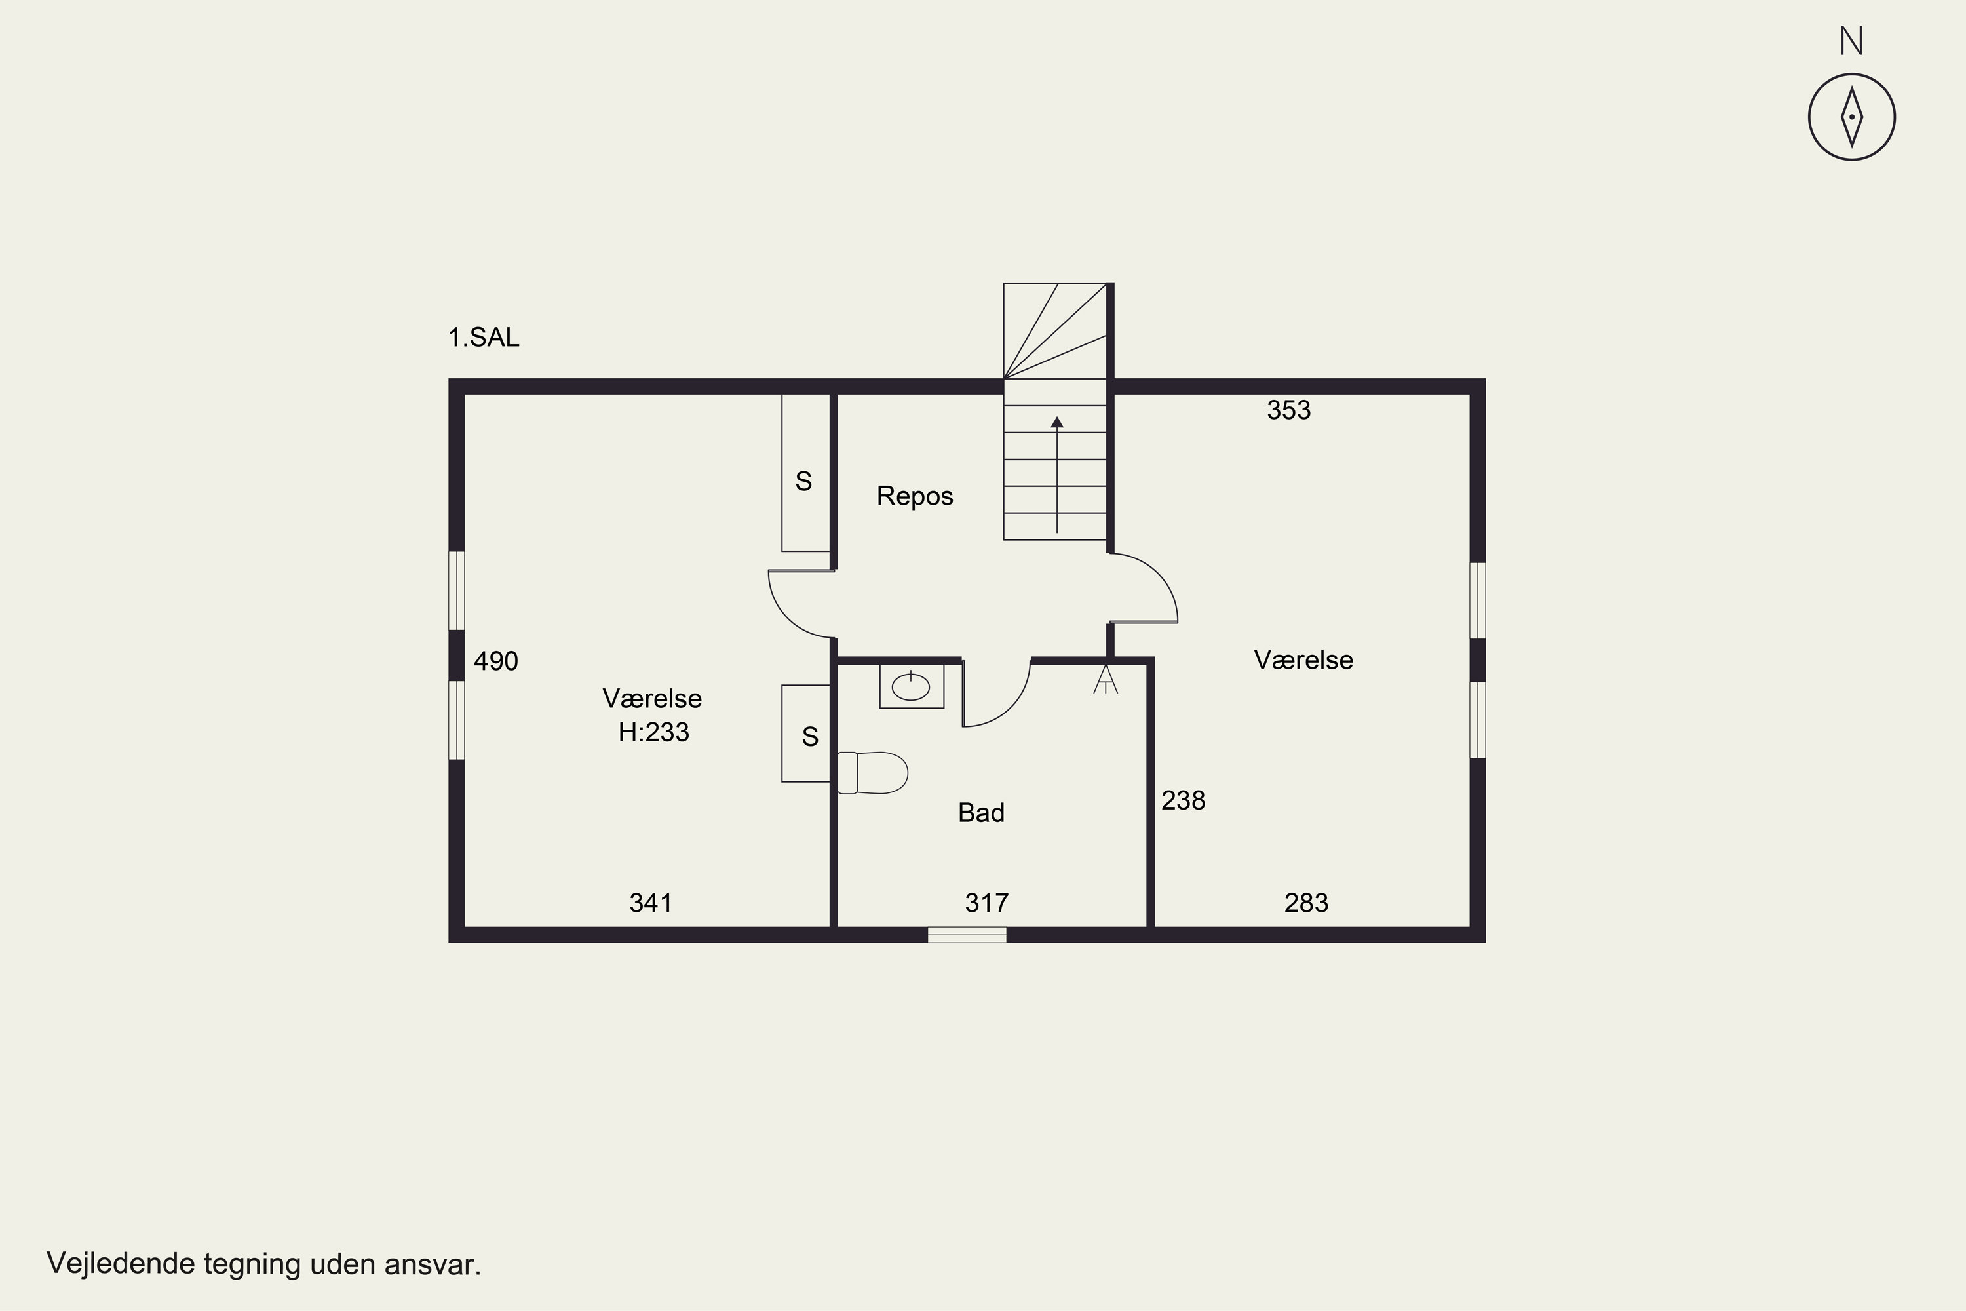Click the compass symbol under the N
coord(1851,117)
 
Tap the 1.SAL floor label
coord(484,338)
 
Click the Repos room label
coord(914,497)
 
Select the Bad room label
coord(981,813)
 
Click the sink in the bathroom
coord(911,686)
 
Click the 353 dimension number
coord(1289,410)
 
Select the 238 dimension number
coord(1184,801)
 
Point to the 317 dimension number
coord(987,903)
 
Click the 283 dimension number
coord(1307,903)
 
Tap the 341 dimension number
coord(651,903)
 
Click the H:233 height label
coord(653,732)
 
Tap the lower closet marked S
coord(806,734)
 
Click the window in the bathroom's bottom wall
coord(967,935)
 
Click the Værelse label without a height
coord(1303,661)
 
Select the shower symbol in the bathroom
coord(1105,679)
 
